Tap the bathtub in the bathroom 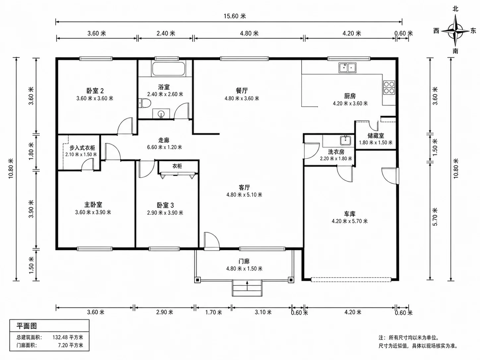click(x=169, y=69)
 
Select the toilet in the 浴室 click(x=145, y=103)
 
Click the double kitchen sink click(x=347, y=68)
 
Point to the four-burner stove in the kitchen click(x=389, y=88)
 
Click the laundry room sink click(x=345, y=140)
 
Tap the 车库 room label click(x=349, y=214)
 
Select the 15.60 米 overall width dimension click(x=235, y=16)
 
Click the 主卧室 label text click(x=93, y=205)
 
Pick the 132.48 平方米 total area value click(x=68, y=337)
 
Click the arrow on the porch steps click(x=247, y=286)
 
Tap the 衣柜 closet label click(x=177, y=166)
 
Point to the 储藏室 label click(x=376, y=136)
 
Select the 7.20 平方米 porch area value click(x=71, y=345)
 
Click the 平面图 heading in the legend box click(x=27, y=326)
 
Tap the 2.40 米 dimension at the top click(x=166, y=33)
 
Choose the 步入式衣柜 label click(x=82, y=148)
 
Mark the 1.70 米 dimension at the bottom click(x=213, y=312)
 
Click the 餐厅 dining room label click(x=242, y=90)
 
